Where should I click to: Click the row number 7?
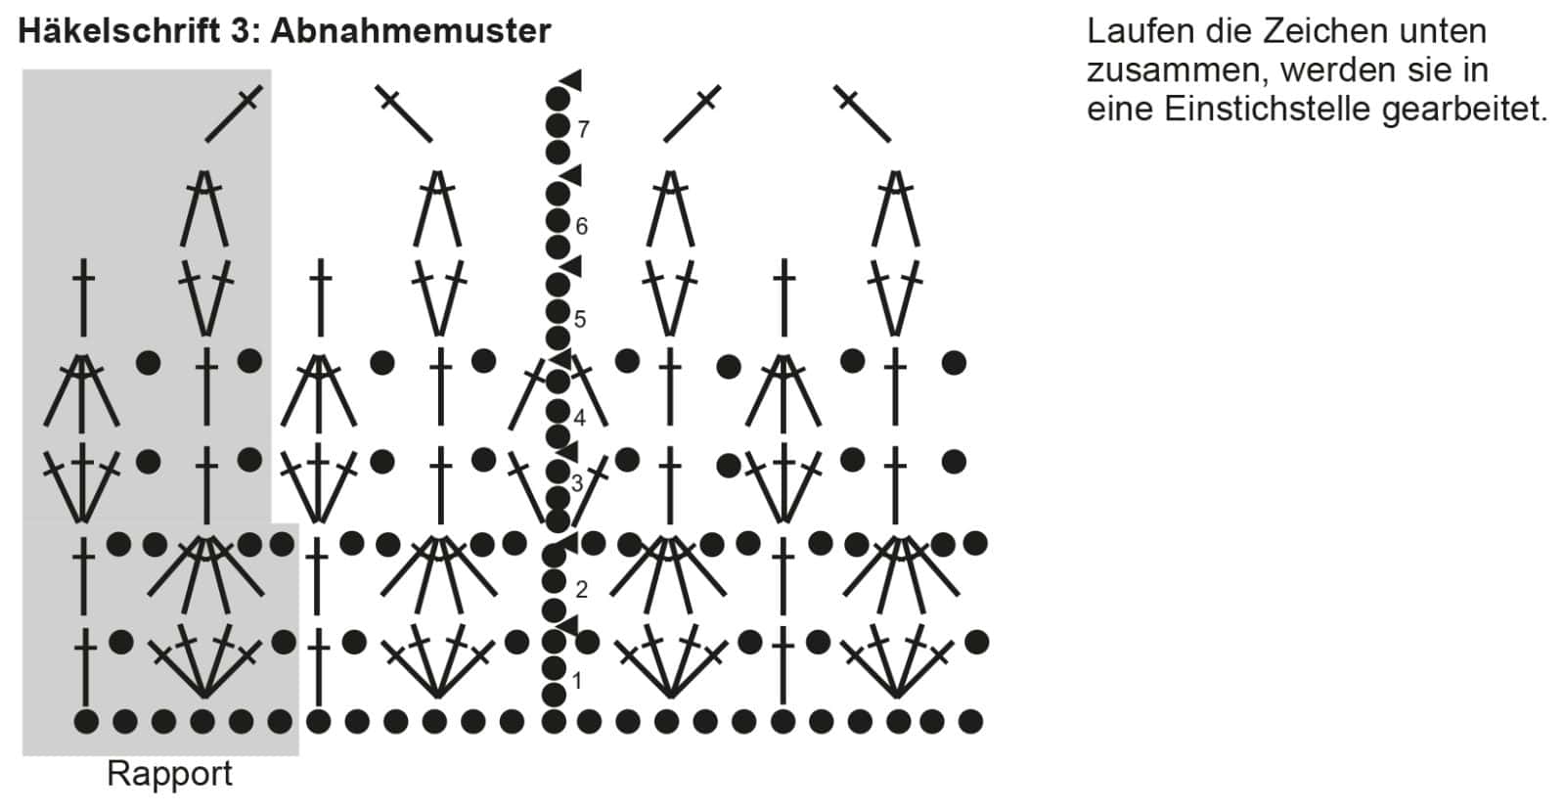583,129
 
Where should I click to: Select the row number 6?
582,227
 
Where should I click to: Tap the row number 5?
580,319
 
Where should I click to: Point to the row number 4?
580,419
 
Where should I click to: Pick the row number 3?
577,483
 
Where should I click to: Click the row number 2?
582,589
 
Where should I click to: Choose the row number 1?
577,681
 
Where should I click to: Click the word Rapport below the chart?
169,774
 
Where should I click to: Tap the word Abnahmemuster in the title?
411,31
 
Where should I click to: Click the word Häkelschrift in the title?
117,31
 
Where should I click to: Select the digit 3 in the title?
242,31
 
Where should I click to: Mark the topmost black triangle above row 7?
571,79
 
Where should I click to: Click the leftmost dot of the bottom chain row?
86,722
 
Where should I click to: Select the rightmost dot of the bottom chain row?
970,722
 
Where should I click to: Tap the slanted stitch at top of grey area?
234,113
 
